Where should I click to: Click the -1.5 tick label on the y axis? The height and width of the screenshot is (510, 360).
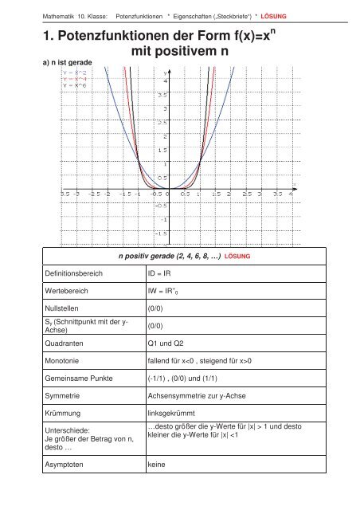(x=162, y=233)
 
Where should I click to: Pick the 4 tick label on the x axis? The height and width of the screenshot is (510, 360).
(x=292, y=192)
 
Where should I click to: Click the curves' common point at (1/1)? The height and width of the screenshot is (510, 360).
(x=200, y=164)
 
